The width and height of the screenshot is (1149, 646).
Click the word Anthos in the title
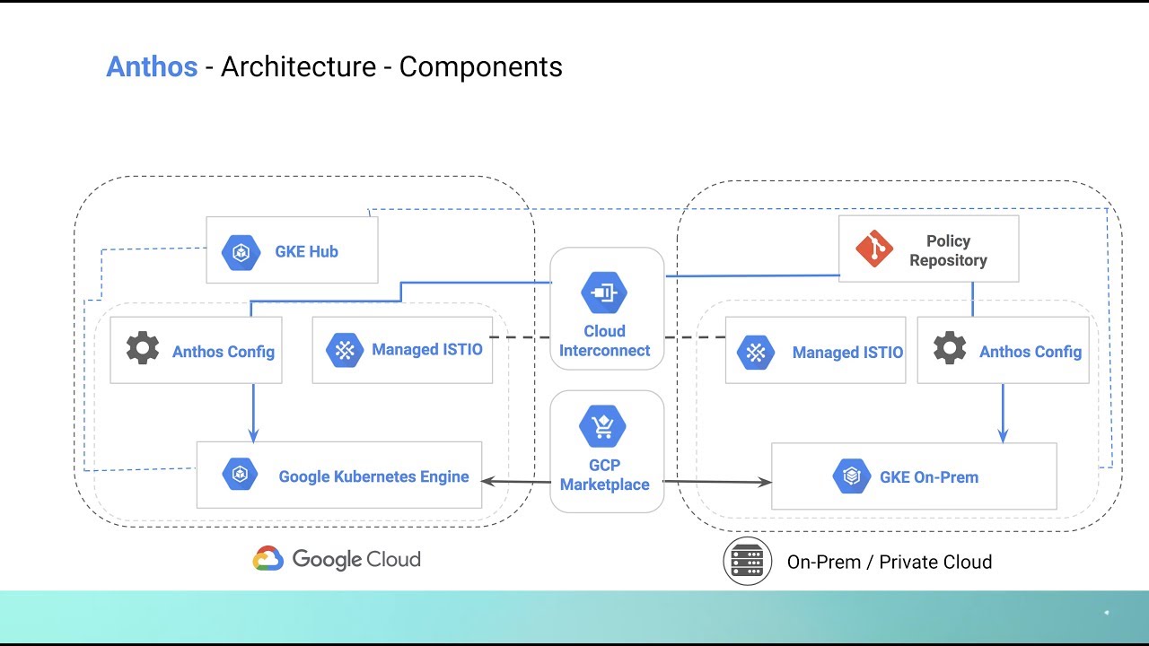point(152,66)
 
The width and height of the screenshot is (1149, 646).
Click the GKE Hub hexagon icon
point(241,252)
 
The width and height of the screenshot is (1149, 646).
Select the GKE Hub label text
point(306,252)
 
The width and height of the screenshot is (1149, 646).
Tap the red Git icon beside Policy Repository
point(873,249)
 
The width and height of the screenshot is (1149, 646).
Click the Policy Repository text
point(948,250)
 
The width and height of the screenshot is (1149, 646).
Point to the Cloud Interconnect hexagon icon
point(604,292)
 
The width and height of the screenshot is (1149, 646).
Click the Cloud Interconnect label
point(604,341)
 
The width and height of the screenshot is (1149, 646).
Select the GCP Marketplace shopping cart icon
point(603,425)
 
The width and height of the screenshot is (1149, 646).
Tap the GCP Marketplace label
point(604,476)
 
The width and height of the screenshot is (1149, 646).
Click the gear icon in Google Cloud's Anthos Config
point(143,348)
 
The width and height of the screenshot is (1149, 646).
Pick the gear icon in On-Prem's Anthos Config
point(950,348)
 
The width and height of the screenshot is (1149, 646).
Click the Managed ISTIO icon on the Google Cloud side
point(345,350)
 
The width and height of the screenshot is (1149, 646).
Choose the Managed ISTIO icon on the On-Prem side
point(755,352)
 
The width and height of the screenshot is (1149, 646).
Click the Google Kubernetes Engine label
point(373,476)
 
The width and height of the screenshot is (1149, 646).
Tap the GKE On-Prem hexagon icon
point(851,476)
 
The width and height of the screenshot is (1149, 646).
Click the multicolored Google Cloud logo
point(268,559)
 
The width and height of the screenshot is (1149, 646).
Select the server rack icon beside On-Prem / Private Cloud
point(747,562)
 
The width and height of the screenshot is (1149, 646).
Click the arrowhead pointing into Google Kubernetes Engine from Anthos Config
point(253,435)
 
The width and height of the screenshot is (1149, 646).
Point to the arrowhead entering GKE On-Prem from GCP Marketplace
point(765,483)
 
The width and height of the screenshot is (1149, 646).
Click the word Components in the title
point(480,66)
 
